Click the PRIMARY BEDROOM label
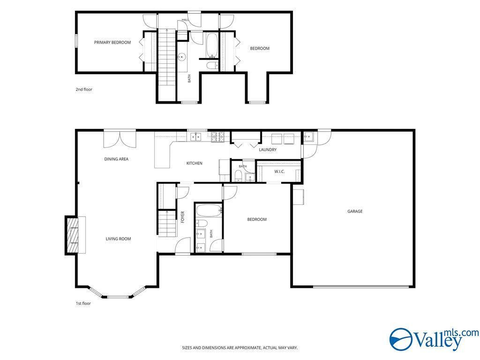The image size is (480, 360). click(x=112, y=42)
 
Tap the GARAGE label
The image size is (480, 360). click(x=355, y=211)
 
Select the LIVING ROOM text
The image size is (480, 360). click(x=118, y=239)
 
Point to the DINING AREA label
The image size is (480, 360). click(x=116, y=159)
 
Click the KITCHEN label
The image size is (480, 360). click(x=195, y=163)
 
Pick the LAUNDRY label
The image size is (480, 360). click(x=268, y=150)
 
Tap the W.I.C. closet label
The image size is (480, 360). click(x=279, y=172)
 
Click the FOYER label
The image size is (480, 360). click(x=183, y=217)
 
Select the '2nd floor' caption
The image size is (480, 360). click(x=84, y=90)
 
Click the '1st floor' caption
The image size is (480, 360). click(x=83, y=303)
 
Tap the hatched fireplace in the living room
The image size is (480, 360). click(x=72, y=235)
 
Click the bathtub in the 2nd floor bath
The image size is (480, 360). click(x=212, y=45)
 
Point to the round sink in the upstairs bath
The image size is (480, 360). click(x=182, y=57)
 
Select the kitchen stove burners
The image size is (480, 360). click(x=217, y=136)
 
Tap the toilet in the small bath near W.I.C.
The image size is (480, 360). click(x=238, y=176)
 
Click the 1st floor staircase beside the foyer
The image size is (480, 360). click(x=167, y=224)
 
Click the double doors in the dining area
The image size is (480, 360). click(x=120, y=139)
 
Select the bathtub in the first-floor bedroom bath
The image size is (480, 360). click(x=209, y=210)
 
